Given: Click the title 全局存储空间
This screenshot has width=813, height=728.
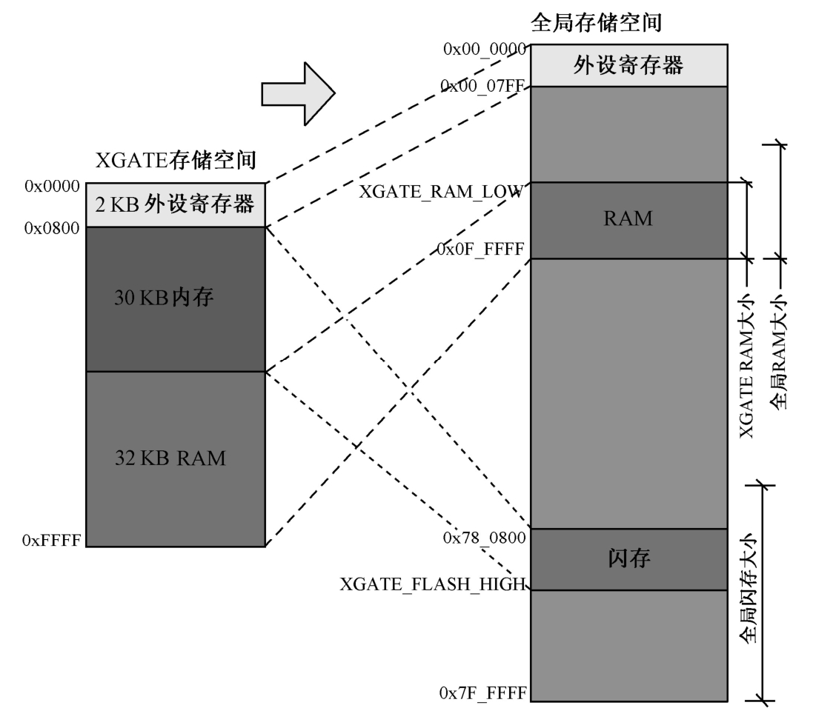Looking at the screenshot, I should point(596,22).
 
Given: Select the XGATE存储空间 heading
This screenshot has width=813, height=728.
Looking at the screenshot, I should point(182,159).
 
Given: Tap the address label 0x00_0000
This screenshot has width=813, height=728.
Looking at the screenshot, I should point(484,49).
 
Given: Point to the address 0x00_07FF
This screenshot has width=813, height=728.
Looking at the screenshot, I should point(484,87).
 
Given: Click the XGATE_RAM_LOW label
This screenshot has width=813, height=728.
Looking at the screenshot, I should point(442,191).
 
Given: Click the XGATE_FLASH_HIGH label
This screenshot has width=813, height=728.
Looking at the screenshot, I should point(433,584).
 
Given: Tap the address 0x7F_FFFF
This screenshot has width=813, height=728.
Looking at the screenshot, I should point(482,693).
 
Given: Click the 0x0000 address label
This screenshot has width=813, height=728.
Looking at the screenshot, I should point(52,187).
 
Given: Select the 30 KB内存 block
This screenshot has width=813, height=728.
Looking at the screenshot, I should point(176,298).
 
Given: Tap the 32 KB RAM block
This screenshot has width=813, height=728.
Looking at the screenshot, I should point(176,458).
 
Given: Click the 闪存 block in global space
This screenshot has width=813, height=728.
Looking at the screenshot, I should point(628,559).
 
